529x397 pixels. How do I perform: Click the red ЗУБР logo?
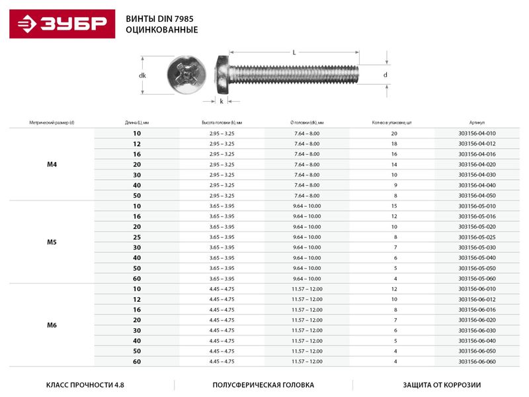point(60,24)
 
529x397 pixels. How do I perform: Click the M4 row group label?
point(52,164)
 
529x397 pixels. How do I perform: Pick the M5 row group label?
point(52,242)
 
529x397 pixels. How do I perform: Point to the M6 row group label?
point(52,325)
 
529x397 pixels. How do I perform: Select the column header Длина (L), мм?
point(137,122)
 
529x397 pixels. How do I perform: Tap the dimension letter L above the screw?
point(293,52)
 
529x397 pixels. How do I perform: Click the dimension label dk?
point(142,75)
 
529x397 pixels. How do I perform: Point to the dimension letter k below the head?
point(221,101)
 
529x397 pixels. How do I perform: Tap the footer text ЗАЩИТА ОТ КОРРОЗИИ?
point(439,384)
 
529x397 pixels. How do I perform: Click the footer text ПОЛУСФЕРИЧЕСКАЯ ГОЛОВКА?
point(263,384)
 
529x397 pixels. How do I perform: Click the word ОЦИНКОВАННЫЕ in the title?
point(161,30)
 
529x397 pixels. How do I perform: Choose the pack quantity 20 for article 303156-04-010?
point(394,134)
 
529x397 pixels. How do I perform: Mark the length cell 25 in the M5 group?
point(137,237)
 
